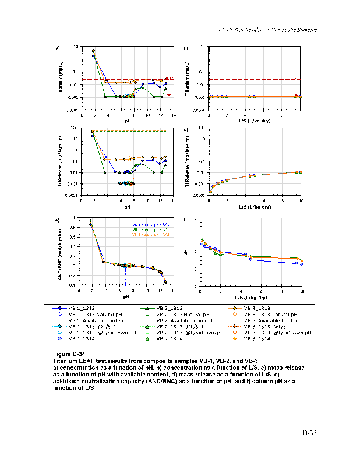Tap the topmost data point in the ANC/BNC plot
(x=90, y=221)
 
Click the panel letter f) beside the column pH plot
(x=185, y=220)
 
